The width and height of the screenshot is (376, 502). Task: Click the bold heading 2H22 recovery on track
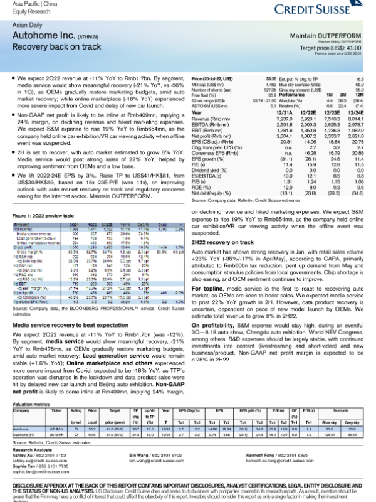click(225, 253)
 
